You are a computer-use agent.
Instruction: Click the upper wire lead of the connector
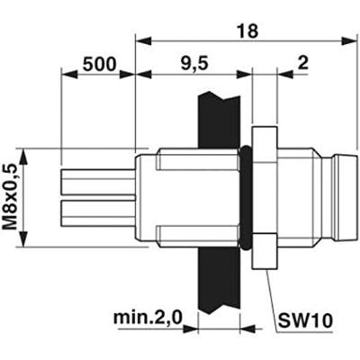(x=99, y=184)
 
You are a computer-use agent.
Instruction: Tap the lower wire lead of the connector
(x=99, y=212)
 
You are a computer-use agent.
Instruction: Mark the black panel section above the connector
(x=216, y=112)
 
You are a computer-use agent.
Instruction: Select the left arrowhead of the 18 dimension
(x=141, y=40)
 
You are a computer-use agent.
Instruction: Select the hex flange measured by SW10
(x=261, y=197)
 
